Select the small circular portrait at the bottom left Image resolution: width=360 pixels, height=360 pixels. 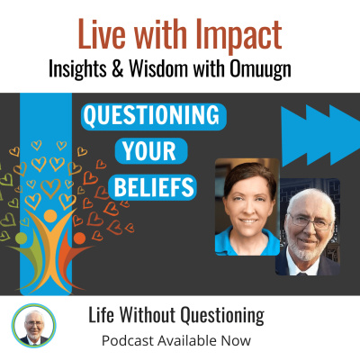(34, 326)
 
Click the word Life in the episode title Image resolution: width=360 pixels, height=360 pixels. (101, 317)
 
